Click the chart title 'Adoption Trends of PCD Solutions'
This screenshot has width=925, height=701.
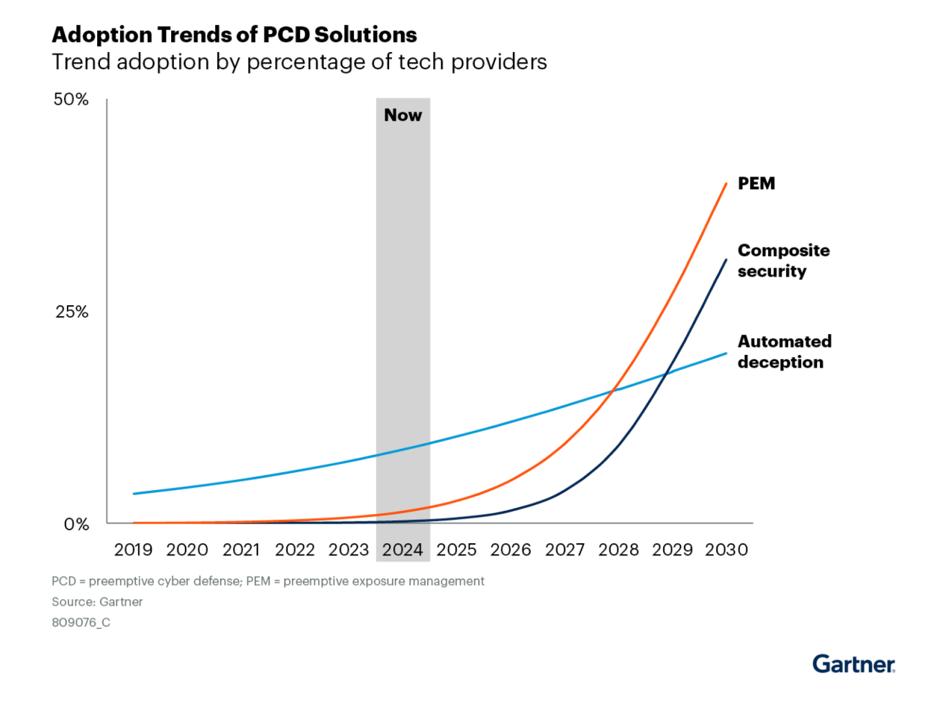click(x=234, y=35)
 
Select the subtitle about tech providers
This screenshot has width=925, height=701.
click(x=299, y=62)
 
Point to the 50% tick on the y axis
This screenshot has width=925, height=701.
click(x=71, y=99)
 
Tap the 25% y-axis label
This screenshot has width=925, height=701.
click(x=72, y=312)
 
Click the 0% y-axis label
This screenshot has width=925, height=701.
click(x=76, y=525)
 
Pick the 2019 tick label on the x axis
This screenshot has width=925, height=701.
click(x=133, y=550)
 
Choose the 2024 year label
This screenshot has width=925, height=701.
click(x=402, y=550)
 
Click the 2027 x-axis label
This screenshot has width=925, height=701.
click(x=565, y=550)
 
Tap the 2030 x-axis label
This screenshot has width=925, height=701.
click(x=726, y=550)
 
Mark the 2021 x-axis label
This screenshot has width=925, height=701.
click(x=241, y=550)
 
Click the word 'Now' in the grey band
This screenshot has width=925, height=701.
click(x=403, y=115)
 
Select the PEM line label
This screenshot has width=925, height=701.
click(x=756, y=184)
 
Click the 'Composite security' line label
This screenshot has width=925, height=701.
click(x=783, y=261)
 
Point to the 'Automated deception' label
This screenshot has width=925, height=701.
click(x=785, y=351)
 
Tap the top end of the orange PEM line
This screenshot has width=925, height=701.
click(x=726, y=184)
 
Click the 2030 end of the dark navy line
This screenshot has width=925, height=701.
click(x=726, y=260)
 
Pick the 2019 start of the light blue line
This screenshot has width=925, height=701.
click(x=134, y=494)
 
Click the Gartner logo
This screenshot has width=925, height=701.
click(x=853, y=664)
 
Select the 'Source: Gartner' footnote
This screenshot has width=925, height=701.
click(x=97, y=602)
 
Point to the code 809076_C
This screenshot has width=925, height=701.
click(x=81, y=622)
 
